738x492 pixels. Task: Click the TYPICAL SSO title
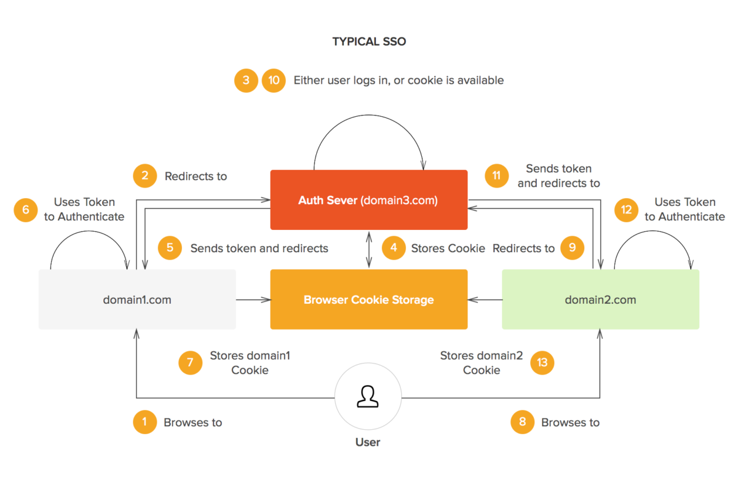coord(369,42)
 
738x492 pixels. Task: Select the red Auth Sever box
coord(369,200)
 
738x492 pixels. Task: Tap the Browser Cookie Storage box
coord(369,300)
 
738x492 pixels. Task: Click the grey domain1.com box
coord(137,300)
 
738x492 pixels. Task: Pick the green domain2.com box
coord(600,300)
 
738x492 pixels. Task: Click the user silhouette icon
coord(368,397)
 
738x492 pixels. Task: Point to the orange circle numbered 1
coord(145,422)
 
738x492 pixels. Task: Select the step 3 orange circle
coord(246,81)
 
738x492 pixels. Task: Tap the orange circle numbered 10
coord(274,81)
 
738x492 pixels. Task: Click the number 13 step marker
coord(542,362)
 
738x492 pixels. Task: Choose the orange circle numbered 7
coord(190,362)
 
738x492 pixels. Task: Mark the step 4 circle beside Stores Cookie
coord(394,248)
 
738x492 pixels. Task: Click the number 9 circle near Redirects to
coord(573,248)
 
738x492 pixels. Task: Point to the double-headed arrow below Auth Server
coord(369,250)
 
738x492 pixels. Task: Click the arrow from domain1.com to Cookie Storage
coord(253,300)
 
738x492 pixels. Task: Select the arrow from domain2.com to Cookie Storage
coord(485,300)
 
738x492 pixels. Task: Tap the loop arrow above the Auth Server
coord(368,115)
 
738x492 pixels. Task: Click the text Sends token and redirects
coord(260,248)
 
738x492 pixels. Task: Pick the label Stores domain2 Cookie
coord(482,362)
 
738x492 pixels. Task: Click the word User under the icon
coord(368,442)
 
